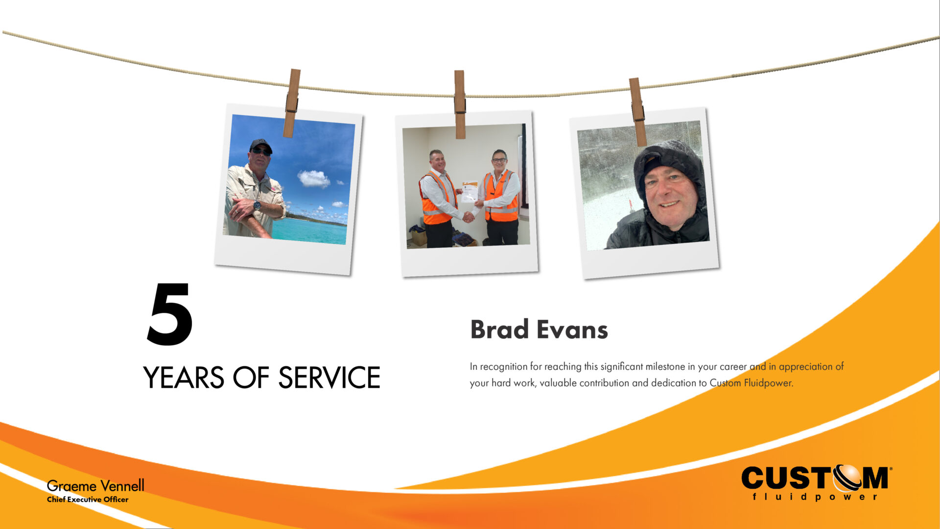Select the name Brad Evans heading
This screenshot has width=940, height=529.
(x=539, y=330)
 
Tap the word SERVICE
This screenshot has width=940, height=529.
(x=329, y=378)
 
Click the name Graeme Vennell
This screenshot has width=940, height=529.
(x=95, y=486)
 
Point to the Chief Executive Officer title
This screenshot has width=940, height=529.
(x=88, y=500)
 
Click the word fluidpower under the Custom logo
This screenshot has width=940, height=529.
(x=815, y=497)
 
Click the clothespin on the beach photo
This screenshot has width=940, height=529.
(x=292, y=103)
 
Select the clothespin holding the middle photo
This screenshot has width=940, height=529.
(x=460, y=104)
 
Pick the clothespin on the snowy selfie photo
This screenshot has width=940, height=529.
(x=637, y=112)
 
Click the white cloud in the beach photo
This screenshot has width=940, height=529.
(x=313, y=178)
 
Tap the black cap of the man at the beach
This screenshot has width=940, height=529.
(x=260, y=144)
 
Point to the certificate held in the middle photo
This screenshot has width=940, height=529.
(x=470, y=192)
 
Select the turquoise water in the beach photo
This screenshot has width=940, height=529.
(x=308, y=232)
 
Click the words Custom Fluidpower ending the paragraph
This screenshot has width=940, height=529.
(x=751, y=383)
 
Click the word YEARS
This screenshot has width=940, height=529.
(x=184, y=378)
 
